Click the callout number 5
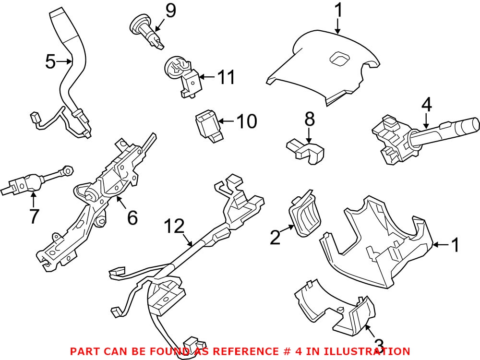(x=50, y=61)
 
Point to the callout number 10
(x=246, y=121)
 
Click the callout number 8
(x=309, y=119)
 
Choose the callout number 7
(x=33, y=216)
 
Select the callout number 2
(x=275, y=237)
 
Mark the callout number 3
(x=378, y=345)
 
